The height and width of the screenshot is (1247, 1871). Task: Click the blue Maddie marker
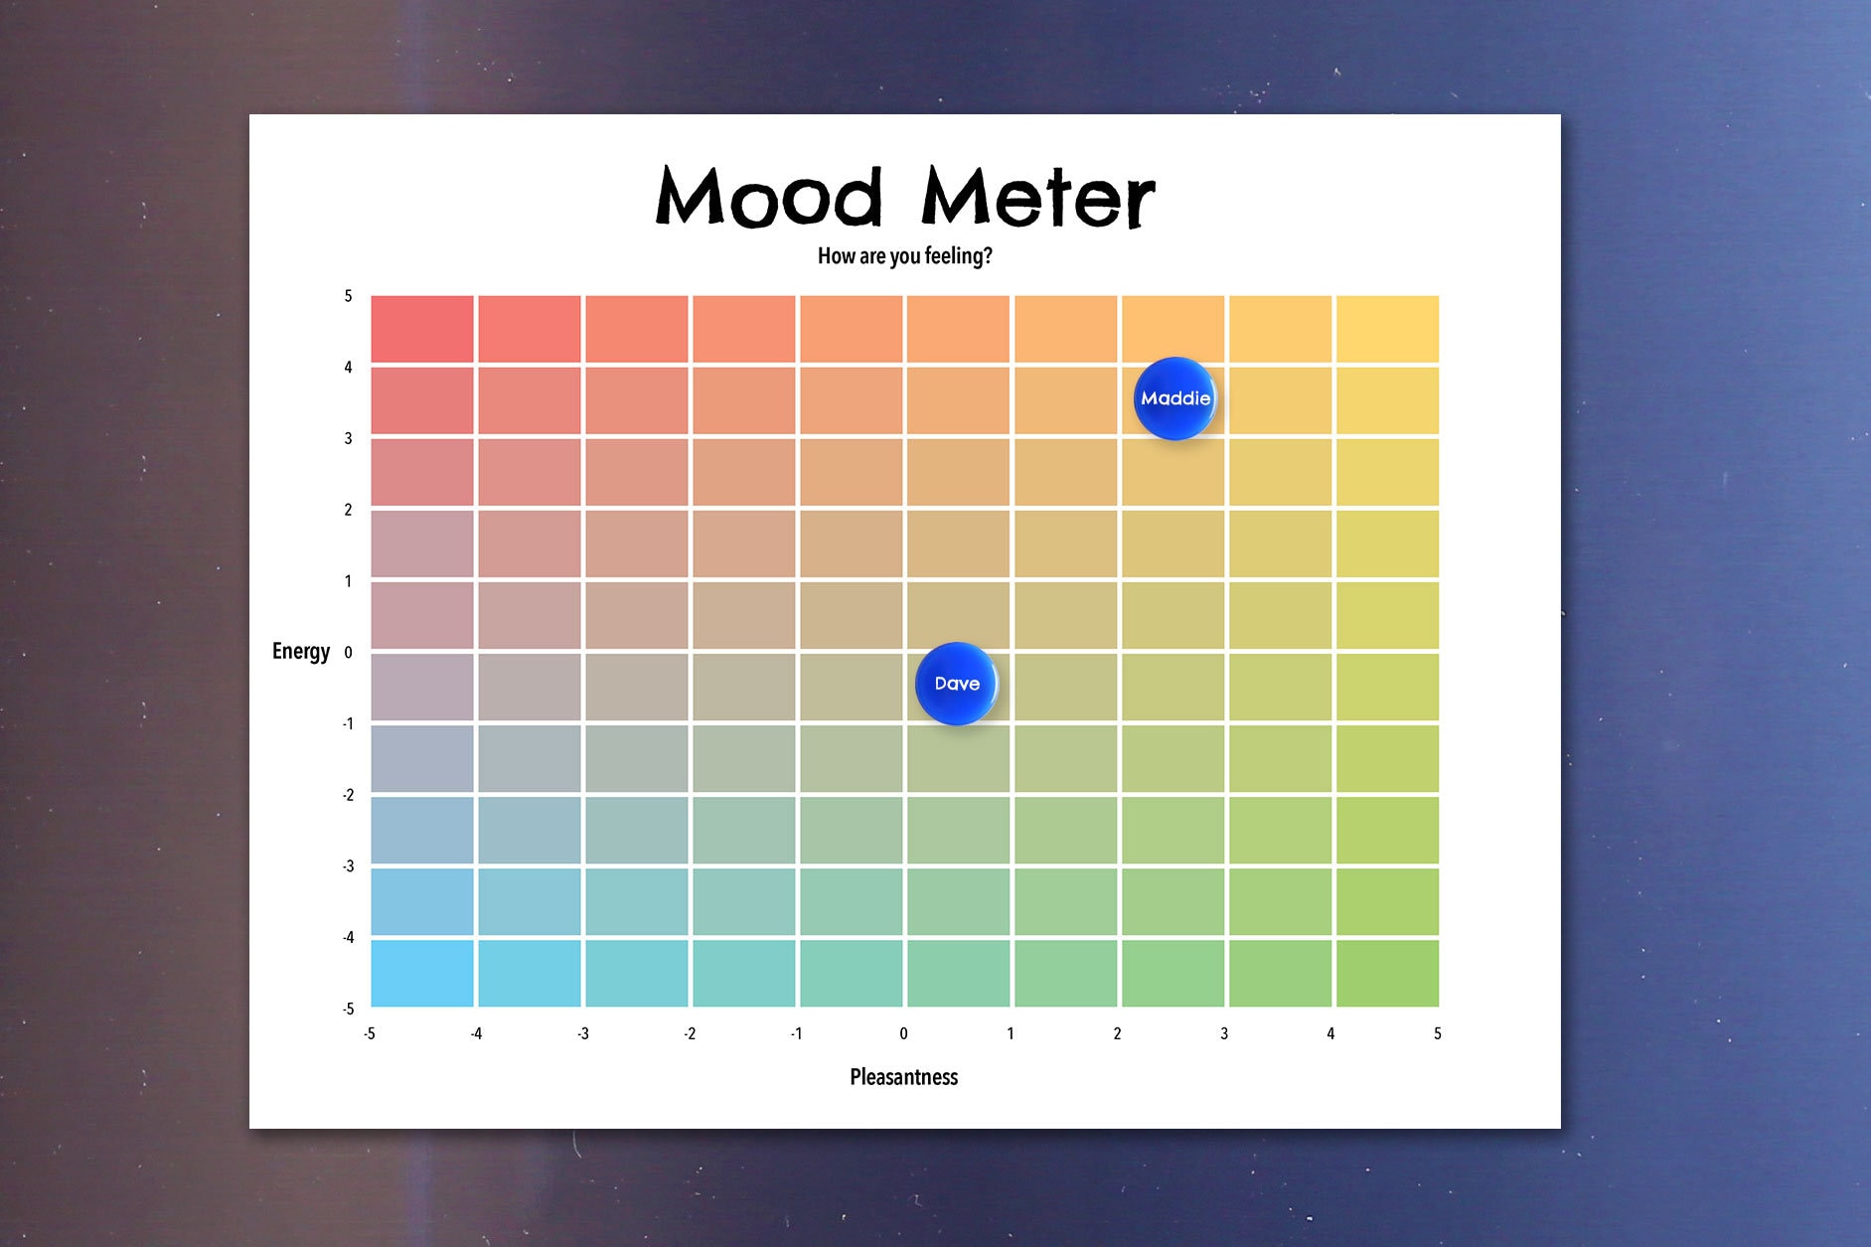pyautogui.click(x=1174, y=398)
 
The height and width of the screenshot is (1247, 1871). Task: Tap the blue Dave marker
pyautogui.click(x=956, y=684)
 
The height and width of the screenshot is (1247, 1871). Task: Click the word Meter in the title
pyautogui.click(x=1037, y=197)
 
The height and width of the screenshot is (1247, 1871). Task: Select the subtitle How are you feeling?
pyautogui.click(x=904, y=256)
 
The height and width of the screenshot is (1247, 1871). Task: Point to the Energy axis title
pyautogui.click(x=301, y=651)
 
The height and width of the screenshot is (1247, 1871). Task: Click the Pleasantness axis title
pyautogui.click(x=903, y=1077)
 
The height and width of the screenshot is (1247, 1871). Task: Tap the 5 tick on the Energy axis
pyautogui.click(x=348, y=296)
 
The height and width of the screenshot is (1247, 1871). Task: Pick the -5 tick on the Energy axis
pyautogui.click(x=348, y=1009)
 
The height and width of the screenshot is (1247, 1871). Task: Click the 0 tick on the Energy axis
pyautogui.click(x=348, y=653)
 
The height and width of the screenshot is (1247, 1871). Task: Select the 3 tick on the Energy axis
pyautogui.click(x=348, y=438)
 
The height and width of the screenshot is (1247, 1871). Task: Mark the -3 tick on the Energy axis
pyautogui.click(x=348, y=866)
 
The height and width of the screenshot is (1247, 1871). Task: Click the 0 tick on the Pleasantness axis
pyautogui.click(x=903, y=1033)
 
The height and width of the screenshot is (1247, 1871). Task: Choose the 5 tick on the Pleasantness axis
pyautogui.click(x=1437, y=1033)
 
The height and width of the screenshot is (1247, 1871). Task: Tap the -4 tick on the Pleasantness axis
pyautogui.click(x=476, y=1033)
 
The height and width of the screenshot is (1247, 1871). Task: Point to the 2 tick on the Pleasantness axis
pyautogui.click(x=1117, y=1033)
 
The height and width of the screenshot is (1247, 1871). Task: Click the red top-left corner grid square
pyautogui.click(x=422, y=329)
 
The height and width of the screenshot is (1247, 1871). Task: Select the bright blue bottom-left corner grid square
pyautogui.click(x=422, y=973)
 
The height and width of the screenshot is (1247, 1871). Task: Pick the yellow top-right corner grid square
pyautogui.click(x=1387, y=329)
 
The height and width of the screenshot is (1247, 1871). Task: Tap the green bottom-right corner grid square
pyautogui.click(x=1387, y=973)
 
